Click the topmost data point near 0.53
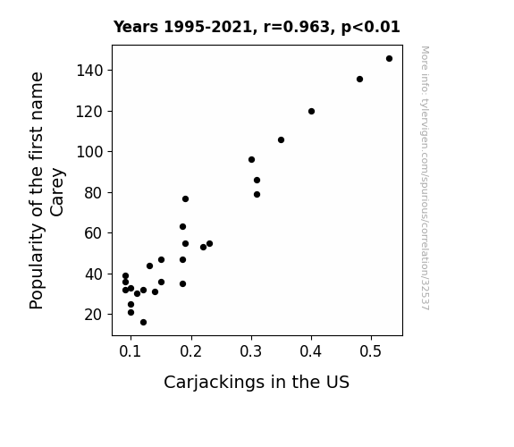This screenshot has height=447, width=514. coord(389,59)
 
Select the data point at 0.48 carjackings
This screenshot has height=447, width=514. coord(359,79)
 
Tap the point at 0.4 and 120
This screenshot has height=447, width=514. coord(311,112)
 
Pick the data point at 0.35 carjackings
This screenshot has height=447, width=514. coord(281,140)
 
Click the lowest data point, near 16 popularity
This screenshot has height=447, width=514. coord(143,323)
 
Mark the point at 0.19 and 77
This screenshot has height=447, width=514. coord(185,199)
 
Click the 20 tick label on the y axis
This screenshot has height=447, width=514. coord(94,315)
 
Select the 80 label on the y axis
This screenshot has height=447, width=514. coord(94,193)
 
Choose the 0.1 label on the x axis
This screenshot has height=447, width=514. coord(131,351)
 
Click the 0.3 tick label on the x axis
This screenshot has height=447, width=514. coord(251,351)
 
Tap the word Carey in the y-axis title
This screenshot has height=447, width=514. coord(57,192)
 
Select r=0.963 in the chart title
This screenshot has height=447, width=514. coord(297,27)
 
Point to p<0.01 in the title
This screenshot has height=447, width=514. coord(371,28)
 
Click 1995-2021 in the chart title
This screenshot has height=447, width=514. coord(207,27)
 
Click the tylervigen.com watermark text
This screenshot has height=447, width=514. coord(425,178)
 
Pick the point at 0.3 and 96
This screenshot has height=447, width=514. coord(251,160)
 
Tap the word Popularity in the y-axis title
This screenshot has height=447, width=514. coord(37,266)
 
